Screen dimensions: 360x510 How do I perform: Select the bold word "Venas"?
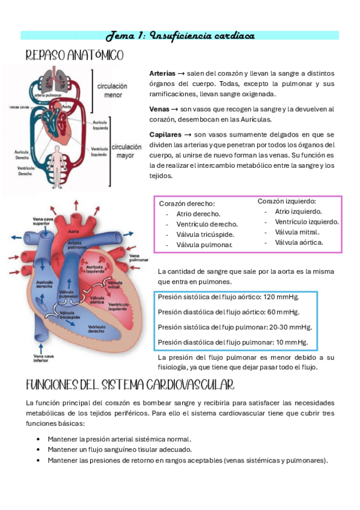pos(159,109)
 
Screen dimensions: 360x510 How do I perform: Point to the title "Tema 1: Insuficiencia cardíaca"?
pos(180,35)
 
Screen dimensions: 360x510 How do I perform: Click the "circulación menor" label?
pos(112,90)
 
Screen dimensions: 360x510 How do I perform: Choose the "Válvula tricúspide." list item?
pos(205,235)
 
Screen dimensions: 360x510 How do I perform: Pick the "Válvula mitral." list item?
pos(297,232)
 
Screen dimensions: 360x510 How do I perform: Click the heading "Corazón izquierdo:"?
pos(287,201)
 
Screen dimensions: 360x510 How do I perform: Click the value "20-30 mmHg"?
pos(286,327)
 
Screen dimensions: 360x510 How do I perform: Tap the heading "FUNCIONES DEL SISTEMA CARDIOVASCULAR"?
pos(130,384)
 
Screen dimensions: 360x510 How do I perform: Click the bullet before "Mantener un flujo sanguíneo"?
pos(38,450)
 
